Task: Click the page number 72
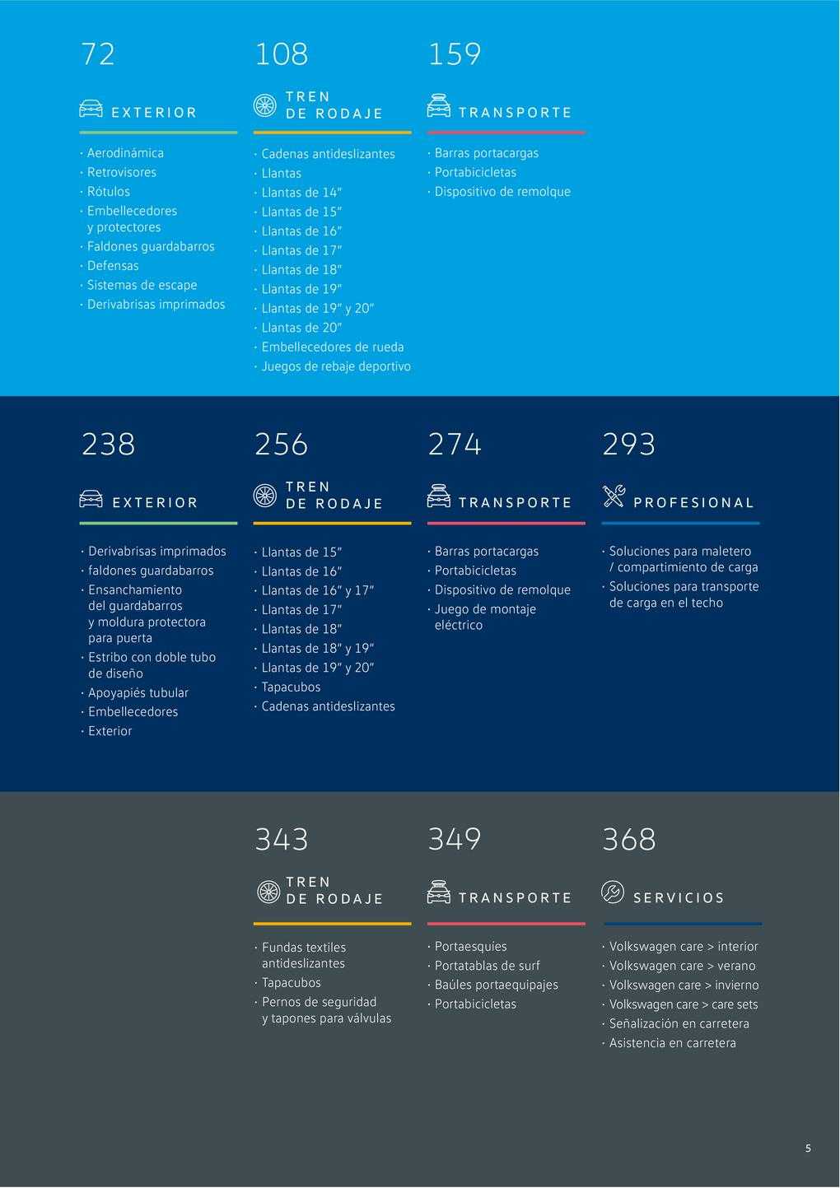[98, 54]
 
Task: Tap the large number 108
[282, 54]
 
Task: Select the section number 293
[629, 445]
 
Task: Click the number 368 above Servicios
[629, 840]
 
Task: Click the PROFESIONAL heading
[693, 503]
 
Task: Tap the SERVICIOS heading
[679, 898]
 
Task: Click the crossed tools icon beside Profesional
[614, 496]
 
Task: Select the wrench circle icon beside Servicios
[613, 892]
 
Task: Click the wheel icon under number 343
[268, 892]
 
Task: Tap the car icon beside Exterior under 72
[91, 108]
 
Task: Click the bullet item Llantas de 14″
[301, 193]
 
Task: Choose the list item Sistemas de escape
[142, 286]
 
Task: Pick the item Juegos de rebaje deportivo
[336, 366]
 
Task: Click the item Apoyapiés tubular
[138, 692]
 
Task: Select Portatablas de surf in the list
[488, 966]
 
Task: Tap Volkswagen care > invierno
[684, 985]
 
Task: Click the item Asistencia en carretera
[672, 1042]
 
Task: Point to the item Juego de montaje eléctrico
[485, 617]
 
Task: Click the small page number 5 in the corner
[808, 1148]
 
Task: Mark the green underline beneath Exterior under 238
[159, 524]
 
